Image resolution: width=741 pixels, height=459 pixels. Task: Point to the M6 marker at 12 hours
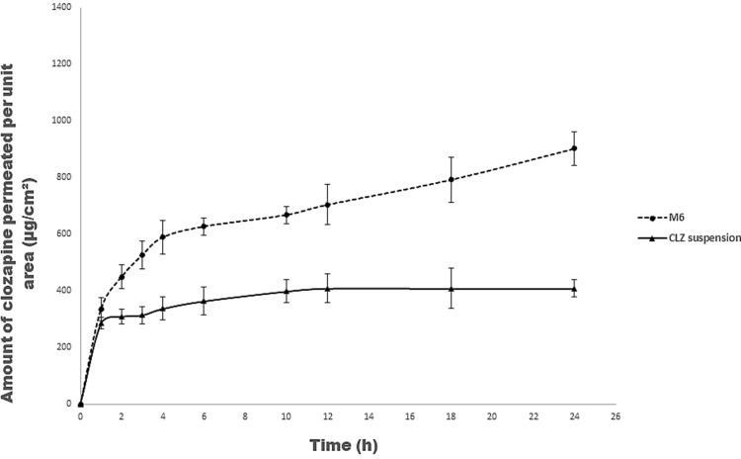click(328, 205)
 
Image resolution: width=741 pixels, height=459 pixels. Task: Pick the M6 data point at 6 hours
click(204, 227)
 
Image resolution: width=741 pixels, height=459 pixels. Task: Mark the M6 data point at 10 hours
click(287, 215)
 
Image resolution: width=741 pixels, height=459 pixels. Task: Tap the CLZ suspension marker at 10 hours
click(287, 292)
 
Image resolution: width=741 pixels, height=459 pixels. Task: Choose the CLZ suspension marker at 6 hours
click(204, 301)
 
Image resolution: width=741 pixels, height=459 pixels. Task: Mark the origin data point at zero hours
click(80, 404)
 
